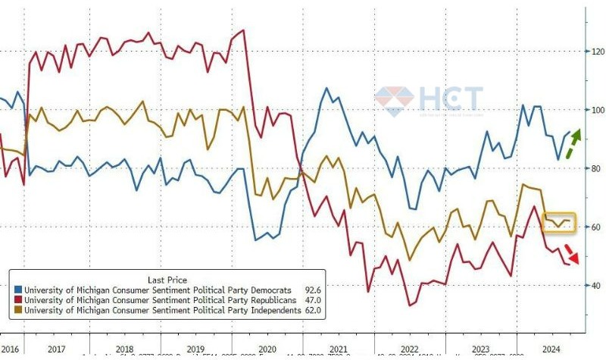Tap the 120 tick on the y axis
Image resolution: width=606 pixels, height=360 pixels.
[x=598, y=52]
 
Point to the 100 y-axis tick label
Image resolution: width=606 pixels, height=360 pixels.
[x=598, y=110]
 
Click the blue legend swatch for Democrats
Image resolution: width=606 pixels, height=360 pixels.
[x=19, y=290]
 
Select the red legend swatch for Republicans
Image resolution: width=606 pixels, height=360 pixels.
[x=19, y=300]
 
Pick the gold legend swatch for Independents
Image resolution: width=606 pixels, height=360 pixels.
[x=19, y=311]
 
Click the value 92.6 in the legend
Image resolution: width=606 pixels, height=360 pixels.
[x=312, y=290]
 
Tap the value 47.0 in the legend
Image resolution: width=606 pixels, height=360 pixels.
[x=312, y=300]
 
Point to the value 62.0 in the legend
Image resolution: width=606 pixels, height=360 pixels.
[x=312, y=311]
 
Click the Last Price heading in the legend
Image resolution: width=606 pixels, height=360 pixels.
[x=164, y=278]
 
